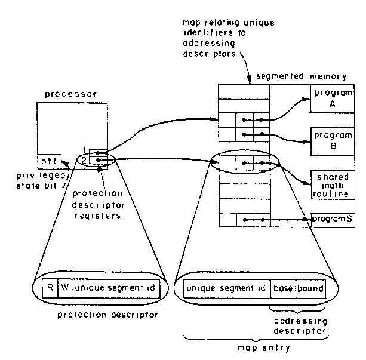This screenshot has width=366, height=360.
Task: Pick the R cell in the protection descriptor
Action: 51,288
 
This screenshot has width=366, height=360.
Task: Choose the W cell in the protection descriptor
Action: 65,288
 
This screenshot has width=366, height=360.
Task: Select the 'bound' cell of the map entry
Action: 310,288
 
